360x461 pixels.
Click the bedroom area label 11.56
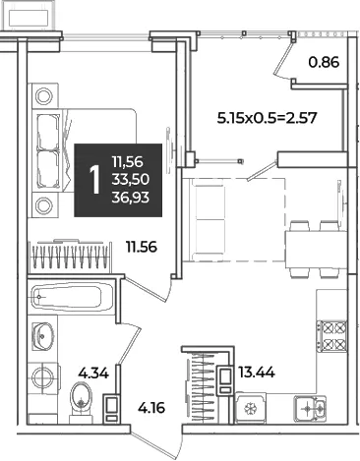click(142, 247)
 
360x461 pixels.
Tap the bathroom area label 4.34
click(93, 373)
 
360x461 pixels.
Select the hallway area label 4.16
click(151, 408)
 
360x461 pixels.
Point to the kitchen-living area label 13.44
click(257, 373)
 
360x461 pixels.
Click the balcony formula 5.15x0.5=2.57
click(268, 118)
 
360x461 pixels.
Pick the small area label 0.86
click(324, 62)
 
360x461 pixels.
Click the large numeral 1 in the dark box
click(94, 180)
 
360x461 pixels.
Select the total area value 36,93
click(131, 198)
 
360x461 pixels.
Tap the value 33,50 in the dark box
click(131, 179)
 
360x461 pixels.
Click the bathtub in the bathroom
click(72, 298)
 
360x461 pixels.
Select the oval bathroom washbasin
click(42, 336)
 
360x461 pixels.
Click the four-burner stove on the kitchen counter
click(331, 335)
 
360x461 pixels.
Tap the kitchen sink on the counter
click(310, 408)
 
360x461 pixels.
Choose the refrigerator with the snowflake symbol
click(251, 408)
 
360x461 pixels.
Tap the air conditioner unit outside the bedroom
click(30, 17)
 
